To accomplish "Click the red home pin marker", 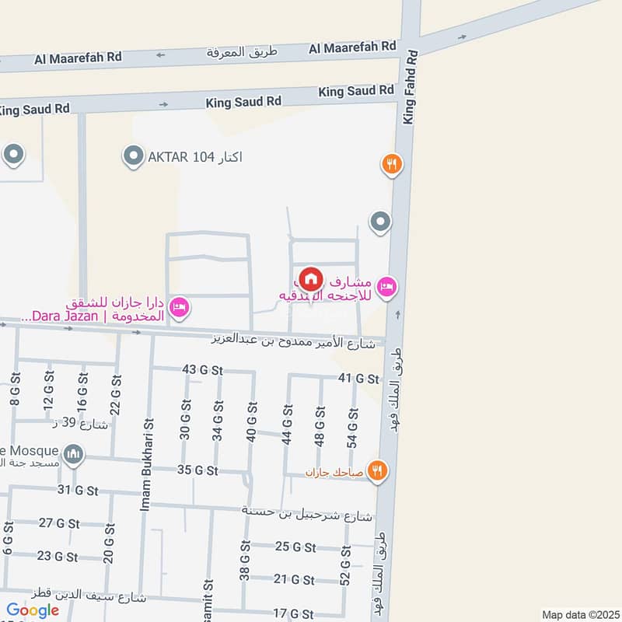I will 311,278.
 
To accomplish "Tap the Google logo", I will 33,610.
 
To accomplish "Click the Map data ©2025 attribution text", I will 579,614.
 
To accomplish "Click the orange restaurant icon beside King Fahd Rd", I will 391,164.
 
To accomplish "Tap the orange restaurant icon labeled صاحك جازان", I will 377,470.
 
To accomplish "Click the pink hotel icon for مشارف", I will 386,288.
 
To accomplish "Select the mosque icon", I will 74,453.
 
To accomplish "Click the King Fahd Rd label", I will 411,87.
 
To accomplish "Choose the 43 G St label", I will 197,370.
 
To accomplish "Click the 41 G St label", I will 358,379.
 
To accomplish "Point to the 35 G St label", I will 197,470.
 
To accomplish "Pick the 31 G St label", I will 78,490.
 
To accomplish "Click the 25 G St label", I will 295,547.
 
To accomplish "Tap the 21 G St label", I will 295,580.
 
